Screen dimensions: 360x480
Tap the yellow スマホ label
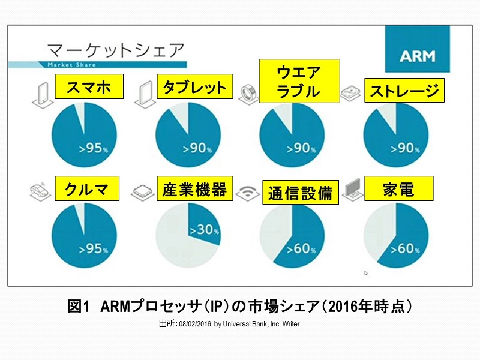(x=88, y=86)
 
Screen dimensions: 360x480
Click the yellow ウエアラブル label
(x=299, y=81)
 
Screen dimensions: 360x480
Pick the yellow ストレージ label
(x=405, y=91)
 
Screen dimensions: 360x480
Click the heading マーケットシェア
(x=115, y=47)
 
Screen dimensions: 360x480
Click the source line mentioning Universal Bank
(x=229, y=324)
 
